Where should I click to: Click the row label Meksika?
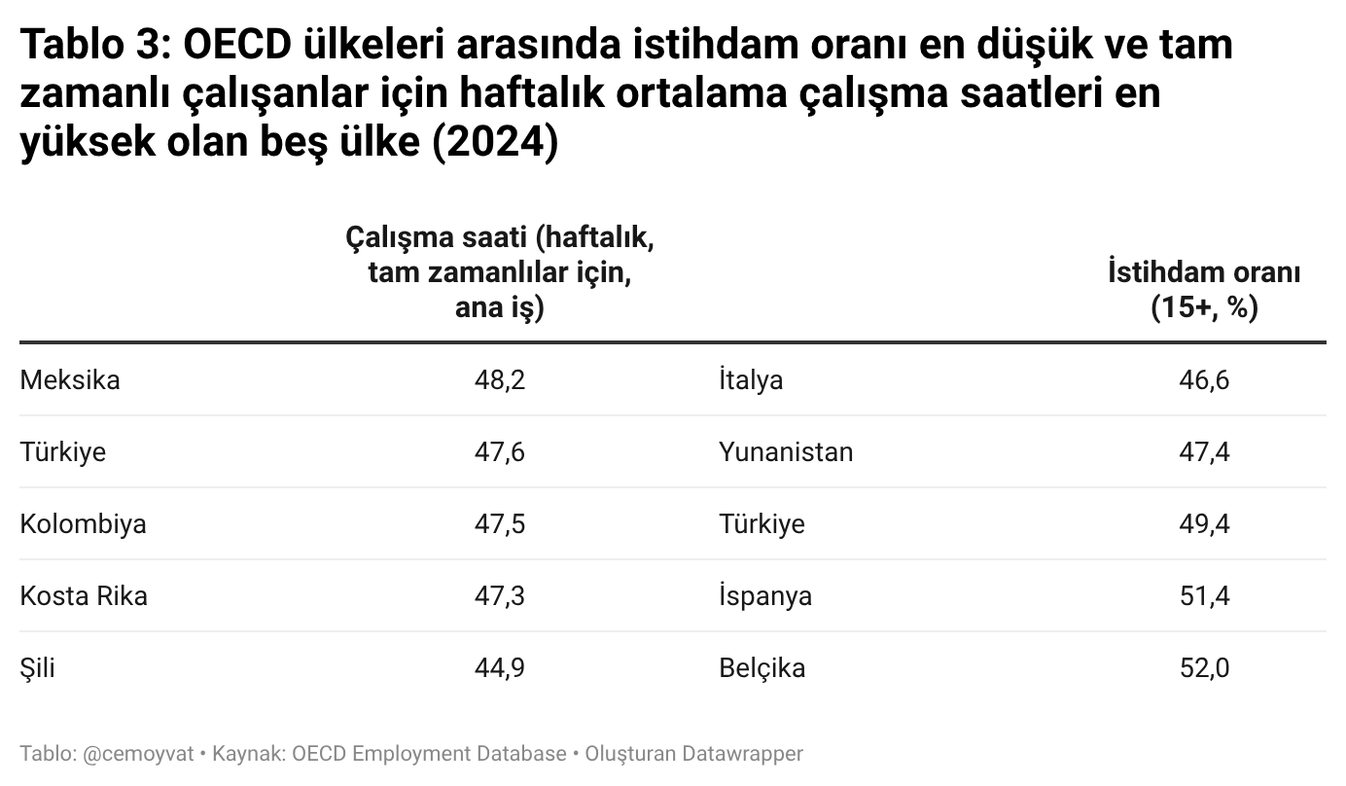click(70, 380)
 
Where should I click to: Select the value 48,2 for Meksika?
click(500, 380)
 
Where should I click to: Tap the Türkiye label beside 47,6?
click(63, 452)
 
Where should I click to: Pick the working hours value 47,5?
click(500, 524)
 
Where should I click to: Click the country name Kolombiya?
click(83, 524)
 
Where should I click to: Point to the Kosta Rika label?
click(84, 596)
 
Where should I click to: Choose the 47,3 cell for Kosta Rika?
click(500, 596)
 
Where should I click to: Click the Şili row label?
click(37, 668)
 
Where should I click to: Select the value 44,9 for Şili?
click(500, 668)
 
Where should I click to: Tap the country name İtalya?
click(751, 380)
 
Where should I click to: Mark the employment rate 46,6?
click(1204, 380)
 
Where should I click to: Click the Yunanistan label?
click(786, 452)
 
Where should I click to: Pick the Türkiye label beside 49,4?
click(762, 524)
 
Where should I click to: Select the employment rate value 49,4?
click(1204, 524)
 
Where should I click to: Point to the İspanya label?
click(765, 596)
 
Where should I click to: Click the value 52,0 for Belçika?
click(1204, 668)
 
